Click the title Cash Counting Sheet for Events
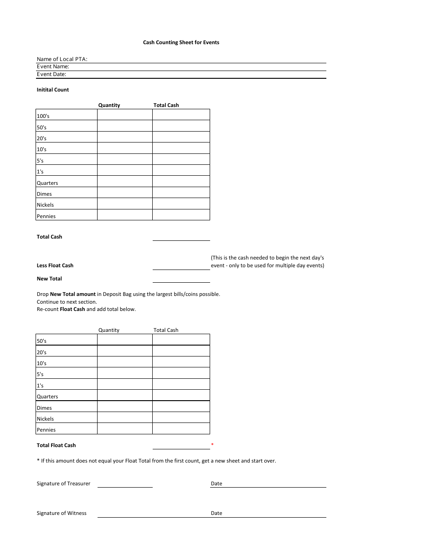(181, 42)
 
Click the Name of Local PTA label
(62, 59)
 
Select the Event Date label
(52, 74)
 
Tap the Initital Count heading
(53, 90)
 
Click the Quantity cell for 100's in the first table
(124, 115)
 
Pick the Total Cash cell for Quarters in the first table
(181, 182)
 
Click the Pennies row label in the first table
(46, 216)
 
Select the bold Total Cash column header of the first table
(166, 105)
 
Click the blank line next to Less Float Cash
(181, 266)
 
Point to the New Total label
(49, 279)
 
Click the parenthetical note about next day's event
(268, 261)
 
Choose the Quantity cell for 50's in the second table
(124, 340)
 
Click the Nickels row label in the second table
(45, 419)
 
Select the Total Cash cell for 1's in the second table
(181, 384)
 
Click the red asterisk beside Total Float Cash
(212, 445)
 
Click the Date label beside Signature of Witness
(216, 513)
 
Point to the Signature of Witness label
(62, 513)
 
